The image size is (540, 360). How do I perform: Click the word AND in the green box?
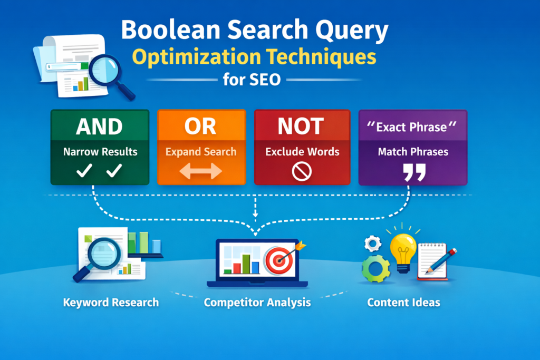[x=99, y=127]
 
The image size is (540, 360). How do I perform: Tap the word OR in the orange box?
[x=201, y=127]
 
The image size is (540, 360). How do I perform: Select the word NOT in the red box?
[x=301, y=127]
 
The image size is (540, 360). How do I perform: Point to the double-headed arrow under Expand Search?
[x=201, y=171]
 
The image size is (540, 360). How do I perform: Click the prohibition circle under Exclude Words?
[x=301, y=171]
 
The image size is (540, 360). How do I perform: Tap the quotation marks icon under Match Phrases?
[x=413, y=172]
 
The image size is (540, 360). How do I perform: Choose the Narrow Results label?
[x=100, y=152]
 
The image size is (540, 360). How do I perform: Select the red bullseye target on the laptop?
[x=278, y=260]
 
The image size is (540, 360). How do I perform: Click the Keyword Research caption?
[x=111, y=303]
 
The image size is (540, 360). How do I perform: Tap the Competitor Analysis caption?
[x=257, y=303]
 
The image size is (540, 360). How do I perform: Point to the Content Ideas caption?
[x=404, y=303]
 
